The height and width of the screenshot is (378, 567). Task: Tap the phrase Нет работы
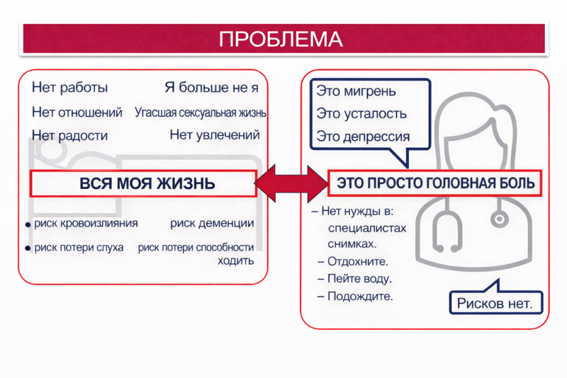(70, 88)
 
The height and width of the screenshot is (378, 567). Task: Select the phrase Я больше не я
(211, 88)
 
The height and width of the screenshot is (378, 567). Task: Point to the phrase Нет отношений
(77, 113)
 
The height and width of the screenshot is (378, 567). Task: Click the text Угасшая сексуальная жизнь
(201, 113)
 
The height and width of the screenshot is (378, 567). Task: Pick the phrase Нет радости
(70, 135)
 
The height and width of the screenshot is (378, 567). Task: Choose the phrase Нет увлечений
(215, 134)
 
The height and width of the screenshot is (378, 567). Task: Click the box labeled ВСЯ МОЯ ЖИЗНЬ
(142, 183)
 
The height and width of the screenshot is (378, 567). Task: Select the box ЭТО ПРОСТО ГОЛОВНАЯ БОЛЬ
(435, 183)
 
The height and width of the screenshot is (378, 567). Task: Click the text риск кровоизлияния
(86, 224)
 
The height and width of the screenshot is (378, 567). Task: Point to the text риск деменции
(212, 224)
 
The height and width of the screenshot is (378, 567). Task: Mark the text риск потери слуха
(79, 248)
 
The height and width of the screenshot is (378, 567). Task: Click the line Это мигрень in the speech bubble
(356, 92)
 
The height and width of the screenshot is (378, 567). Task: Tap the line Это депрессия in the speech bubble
(363, 137)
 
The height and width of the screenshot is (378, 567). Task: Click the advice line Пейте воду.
(359, 279)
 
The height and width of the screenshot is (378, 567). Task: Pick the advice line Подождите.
(360, 296)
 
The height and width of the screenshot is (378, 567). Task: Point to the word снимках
(352, 244)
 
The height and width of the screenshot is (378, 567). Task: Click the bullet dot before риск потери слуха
(28, 248)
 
